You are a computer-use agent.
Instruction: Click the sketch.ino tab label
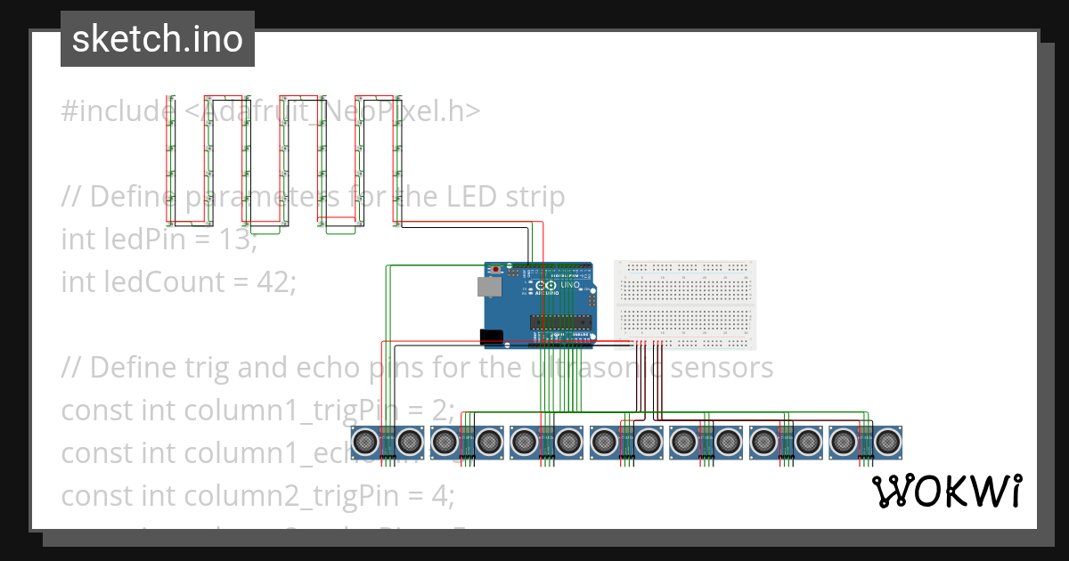point(158,39)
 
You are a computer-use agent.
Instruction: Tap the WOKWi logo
point(946,491)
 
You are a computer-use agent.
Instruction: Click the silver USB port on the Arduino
point(488,286)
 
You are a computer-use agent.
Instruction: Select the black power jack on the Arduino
point(491,336)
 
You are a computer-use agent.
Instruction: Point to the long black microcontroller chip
point(559,321)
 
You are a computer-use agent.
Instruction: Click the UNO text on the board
point(570,285)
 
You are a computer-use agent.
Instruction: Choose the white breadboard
point(685,305)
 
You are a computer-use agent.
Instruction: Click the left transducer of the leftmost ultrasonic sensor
point(366,440)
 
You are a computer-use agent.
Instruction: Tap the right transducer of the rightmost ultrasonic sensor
point(887,440)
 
